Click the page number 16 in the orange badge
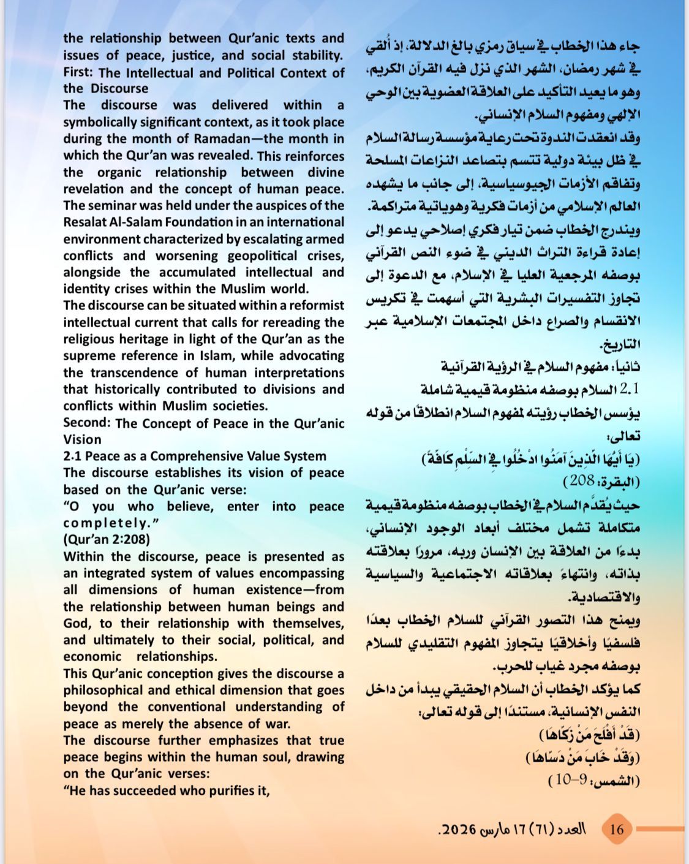(x=617, y=829)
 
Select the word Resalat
(x=88, y=222)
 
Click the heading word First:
(x=78, y=72)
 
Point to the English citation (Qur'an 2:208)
(x=107, y=540)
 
